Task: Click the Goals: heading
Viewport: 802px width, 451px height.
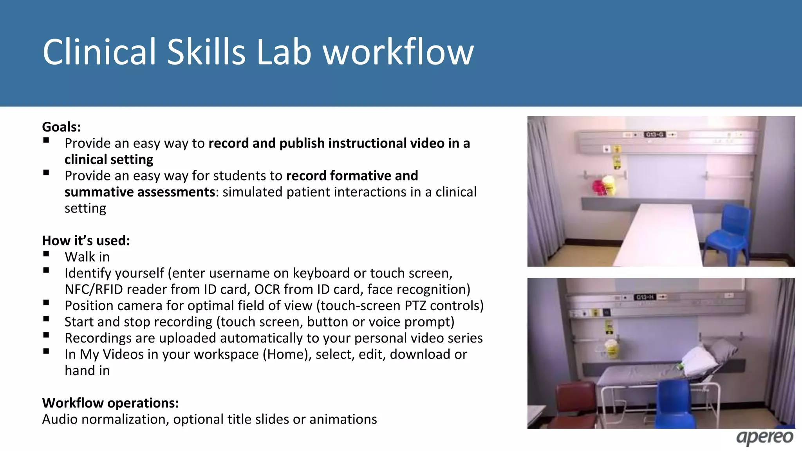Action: point(61,127)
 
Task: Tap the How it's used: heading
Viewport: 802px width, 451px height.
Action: point(86,240)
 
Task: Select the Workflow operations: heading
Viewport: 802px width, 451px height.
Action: point(110,403)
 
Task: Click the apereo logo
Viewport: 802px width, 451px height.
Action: point(764,437)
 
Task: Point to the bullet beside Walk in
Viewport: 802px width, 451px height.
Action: point(46,254)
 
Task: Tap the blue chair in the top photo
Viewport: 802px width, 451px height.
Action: point(729,235)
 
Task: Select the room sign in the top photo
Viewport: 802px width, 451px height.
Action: point(654,135)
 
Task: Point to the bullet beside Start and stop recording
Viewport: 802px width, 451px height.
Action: point(46,319)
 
